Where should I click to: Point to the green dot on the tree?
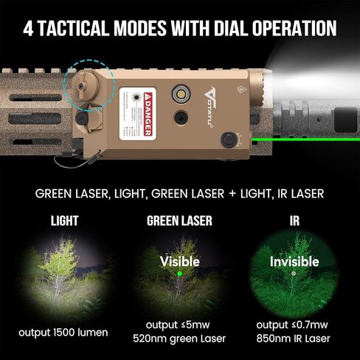[x=179, y=276]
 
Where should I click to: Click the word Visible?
[x=179, y=260]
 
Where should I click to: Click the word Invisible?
[x=294, y=261]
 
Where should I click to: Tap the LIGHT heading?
[x=64, y=220]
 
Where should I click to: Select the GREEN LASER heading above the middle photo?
[x=179, y=220]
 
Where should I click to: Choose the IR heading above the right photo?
[x=294, y=220]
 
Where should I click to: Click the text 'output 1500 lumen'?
[x=64, y=333]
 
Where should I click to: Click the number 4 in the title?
[x=29, y=29]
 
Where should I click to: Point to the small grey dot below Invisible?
[x=294, y=274]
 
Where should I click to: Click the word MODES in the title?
[x=136, y=29]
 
